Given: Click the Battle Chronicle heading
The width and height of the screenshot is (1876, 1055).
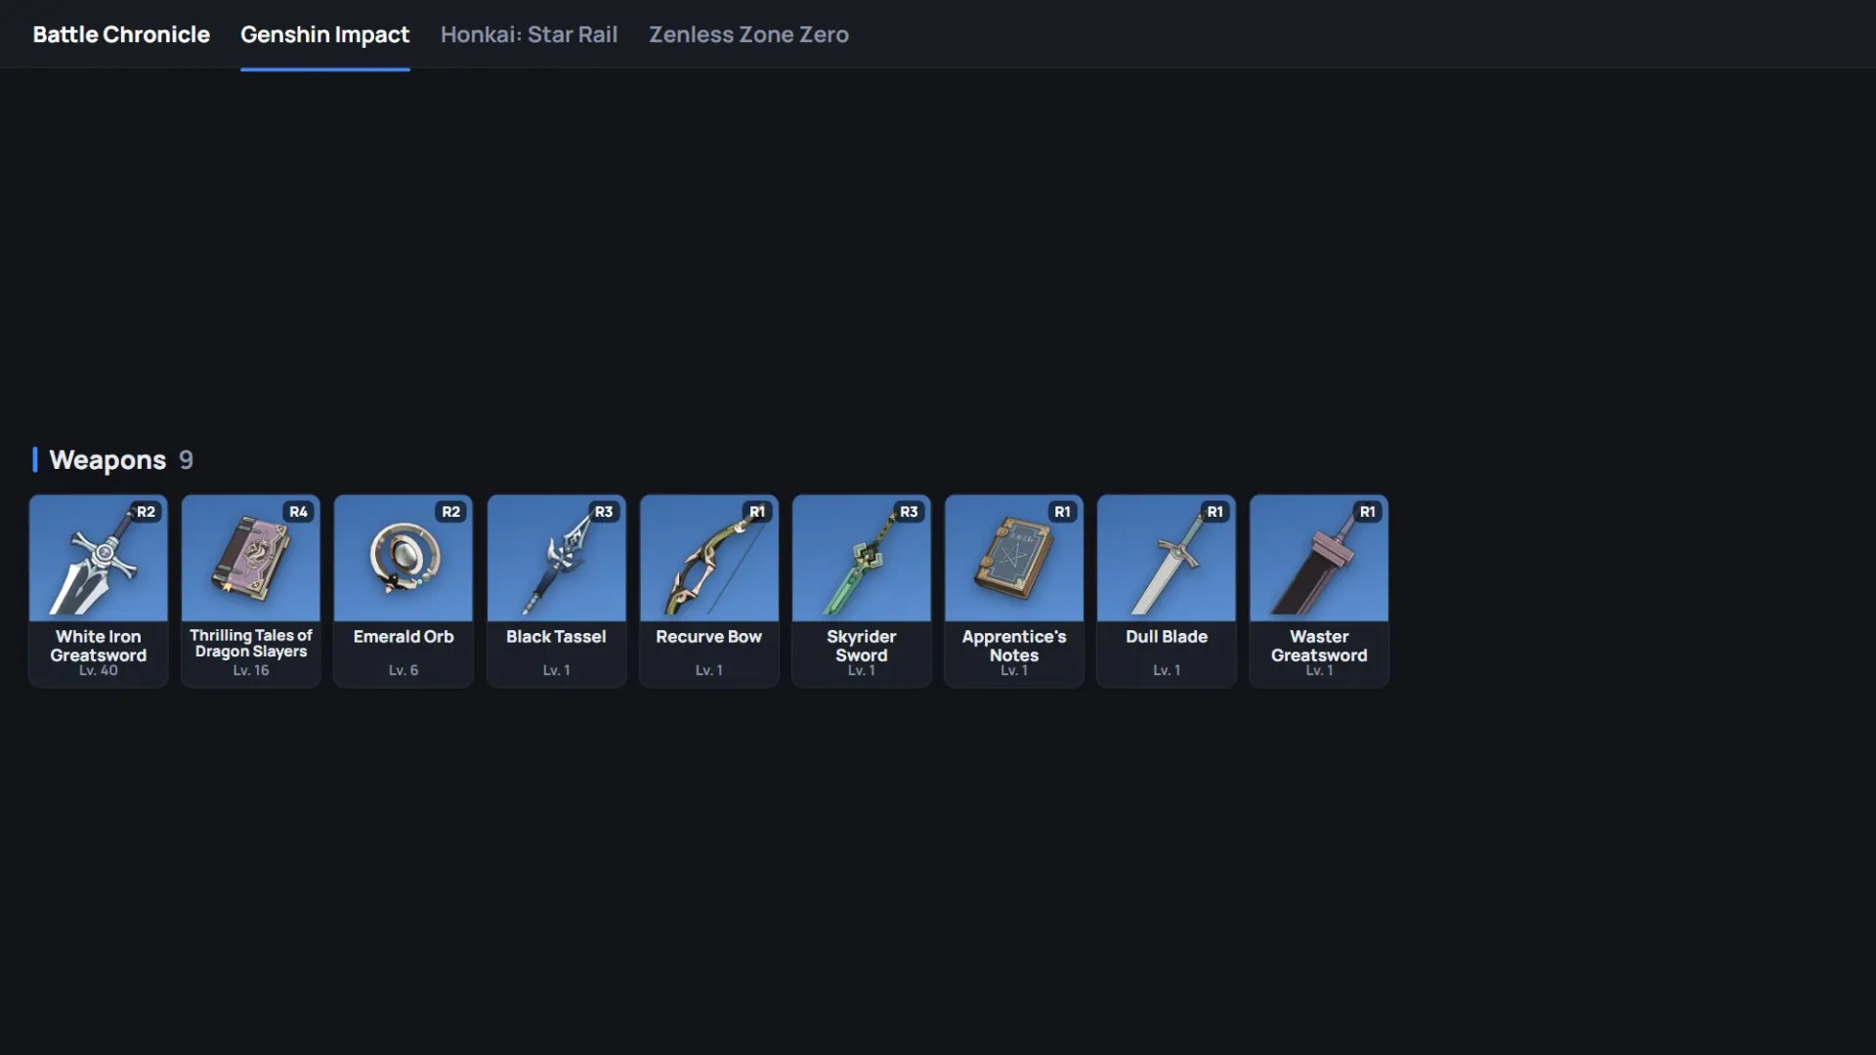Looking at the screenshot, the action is (x=121, y=34).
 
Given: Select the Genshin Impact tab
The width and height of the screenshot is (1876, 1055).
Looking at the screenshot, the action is (x=324, y=35).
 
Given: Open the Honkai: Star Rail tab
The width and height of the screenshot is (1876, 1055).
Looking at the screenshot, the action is (x=529, y=34).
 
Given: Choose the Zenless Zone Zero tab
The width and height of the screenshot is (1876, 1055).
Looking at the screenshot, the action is (x=748, y=34).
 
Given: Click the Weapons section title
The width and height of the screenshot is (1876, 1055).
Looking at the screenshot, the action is (x=107, y=460).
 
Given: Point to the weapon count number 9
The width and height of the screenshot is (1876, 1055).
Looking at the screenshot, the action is (x=186, y=460).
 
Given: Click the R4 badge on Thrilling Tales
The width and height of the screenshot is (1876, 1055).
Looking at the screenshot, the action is (x=298, y=512).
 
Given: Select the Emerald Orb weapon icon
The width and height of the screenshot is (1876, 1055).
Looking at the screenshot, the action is (x=403, y=558).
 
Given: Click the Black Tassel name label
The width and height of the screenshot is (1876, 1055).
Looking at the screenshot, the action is (x=556, y=636).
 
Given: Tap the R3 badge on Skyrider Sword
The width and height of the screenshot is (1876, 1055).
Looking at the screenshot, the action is (x=909, y=512).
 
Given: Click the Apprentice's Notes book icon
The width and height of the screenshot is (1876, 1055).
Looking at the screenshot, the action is (x=1013, y=558).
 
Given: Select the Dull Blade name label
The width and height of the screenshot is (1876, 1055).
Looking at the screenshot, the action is (x=1167, y=636).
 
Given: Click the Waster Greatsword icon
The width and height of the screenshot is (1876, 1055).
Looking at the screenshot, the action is (x=1319, y=562).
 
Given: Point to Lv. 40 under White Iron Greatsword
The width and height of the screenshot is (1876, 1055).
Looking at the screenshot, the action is (x=98, y=671).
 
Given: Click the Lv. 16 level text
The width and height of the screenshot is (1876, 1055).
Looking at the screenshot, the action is (x=251, y=671).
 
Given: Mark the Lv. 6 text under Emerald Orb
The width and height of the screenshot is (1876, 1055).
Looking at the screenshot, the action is (x=404, y=671).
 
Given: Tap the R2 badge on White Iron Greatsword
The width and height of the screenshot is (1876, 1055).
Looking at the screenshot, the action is (x=146, y=512).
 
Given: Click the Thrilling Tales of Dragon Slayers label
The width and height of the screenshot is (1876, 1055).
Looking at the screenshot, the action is (x=251, y=643).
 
